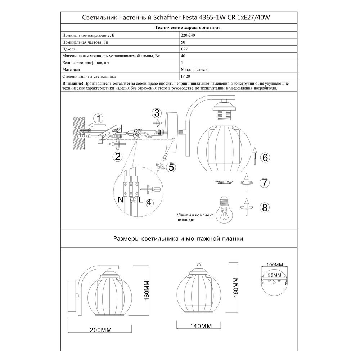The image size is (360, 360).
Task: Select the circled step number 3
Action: pyautogui.click(x=156, y=113)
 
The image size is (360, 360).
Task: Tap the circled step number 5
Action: pyautogui.click(x=171, y=167)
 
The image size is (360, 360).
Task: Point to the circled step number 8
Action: pyautogui.click(x=265, y=207)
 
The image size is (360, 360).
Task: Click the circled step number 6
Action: pyautogui.click(x=265, y=157)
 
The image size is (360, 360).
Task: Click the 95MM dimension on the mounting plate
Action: pyautogui.click(x=275, y=274)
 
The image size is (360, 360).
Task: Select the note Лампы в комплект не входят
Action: pyautogui.click(x=193, y=216)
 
